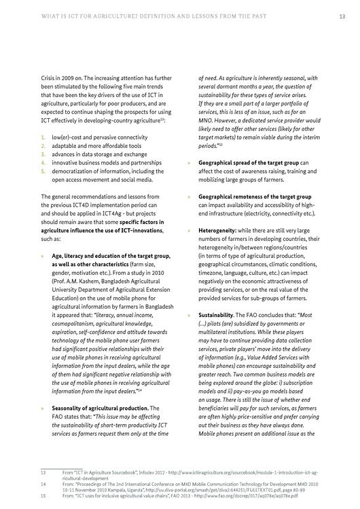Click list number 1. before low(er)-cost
pyautogui.click(x=43, y=136)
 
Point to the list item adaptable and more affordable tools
pyautogui.click(x=96, y=145)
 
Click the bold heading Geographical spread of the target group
pyautogui.click(x=248, y=162)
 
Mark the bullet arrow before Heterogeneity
pyautogui.click(x=188, y=230)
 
